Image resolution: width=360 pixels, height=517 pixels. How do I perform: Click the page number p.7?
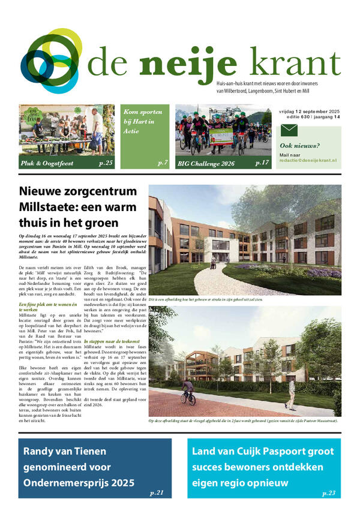(162, 163)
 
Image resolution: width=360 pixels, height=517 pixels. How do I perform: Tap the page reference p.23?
(328, 492)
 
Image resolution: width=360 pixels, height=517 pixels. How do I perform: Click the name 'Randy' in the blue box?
(40, 451)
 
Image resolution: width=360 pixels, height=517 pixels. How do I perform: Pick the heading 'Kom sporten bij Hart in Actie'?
(140, 122)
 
